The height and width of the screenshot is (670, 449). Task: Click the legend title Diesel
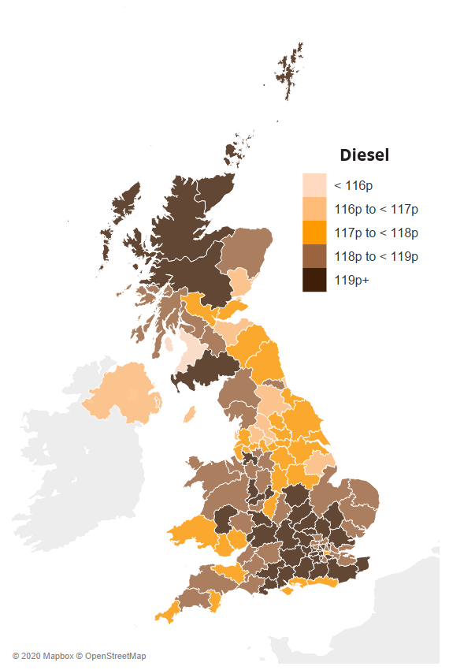364,155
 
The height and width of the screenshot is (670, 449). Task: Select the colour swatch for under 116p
314,185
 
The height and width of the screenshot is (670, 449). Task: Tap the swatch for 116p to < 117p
314,209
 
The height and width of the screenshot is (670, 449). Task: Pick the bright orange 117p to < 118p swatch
314,233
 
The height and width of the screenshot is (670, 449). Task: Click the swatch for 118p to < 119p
314,256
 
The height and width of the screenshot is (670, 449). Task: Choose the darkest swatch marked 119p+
314,280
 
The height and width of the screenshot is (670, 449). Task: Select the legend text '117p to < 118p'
376,233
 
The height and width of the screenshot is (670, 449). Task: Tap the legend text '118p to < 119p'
376,257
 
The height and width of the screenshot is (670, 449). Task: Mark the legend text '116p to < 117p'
376,210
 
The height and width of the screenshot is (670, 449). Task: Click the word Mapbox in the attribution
58,656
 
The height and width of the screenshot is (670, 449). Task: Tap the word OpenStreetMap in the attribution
115,656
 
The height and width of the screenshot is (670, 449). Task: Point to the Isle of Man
188,414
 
